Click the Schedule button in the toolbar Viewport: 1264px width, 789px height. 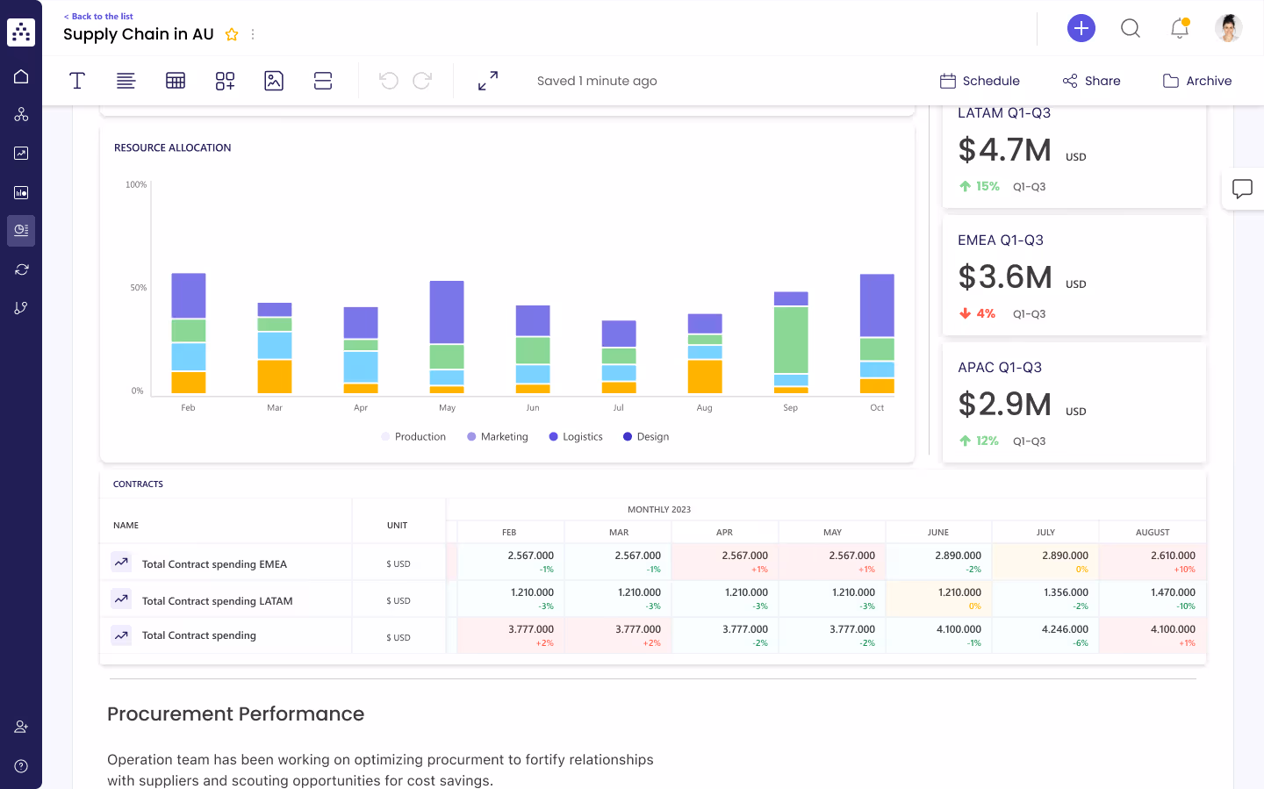coord(980,81)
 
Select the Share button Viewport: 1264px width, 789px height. coord(1091,81)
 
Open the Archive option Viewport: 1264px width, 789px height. coord(1197,81)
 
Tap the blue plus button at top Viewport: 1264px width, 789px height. coord(1081,28)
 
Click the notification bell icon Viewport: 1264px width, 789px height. coord(1179,29)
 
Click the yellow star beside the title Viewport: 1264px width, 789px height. coord(232,35)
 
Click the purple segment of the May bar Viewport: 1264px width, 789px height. coord(447,312)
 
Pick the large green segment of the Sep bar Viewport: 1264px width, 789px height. coord(791,340)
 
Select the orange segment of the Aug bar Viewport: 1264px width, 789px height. coord(705,377)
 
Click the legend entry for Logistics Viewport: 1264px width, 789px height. coord(576,437)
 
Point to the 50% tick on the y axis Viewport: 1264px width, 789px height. coord(139,288)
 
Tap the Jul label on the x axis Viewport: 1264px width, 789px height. coord(619,408)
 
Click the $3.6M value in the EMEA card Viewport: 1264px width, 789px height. coord(1005,277)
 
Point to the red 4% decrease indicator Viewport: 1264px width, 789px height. coord(978,313)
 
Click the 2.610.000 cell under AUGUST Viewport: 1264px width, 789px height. coord(1173,556)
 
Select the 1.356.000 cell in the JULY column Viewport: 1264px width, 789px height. coord(1066,592)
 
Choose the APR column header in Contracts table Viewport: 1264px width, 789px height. coord(724,533)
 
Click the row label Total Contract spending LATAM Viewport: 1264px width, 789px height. coord(217,601)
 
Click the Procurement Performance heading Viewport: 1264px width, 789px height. coord(235,714)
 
